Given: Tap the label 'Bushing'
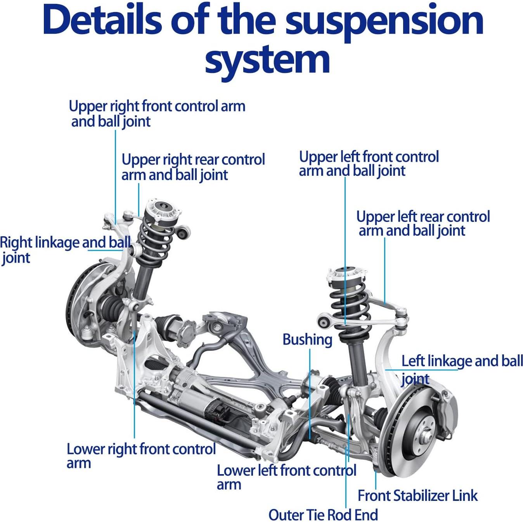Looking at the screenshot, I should pyautogui.click(x=307, y=339).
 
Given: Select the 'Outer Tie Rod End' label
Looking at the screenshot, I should pyautogui.click(x=323, y=515).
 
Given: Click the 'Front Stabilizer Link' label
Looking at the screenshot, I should pyautogui.click(x=417, y=495).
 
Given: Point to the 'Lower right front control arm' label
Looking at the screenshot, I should pyautogui.click(x=140, y=455).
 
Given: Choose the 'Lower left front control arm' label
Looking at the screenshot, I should pyautogui.click(x=286, y=477).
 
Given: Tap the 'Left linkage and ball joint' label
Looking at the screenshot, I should pyautogui.click(x=462, y=369).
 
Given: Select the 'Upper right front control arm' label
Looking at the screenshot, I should pyautogui.click(x=157, y=113).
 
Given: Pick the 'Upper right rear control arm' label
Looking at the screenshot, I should pyautogui.click(x=193, y=167).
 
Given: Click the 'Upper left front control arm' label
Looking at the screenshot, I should pyautogui.click(x=368, y=163).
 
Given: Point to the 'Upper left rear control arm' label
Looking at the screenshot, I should pyautogui.click(x=423, y=223).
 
